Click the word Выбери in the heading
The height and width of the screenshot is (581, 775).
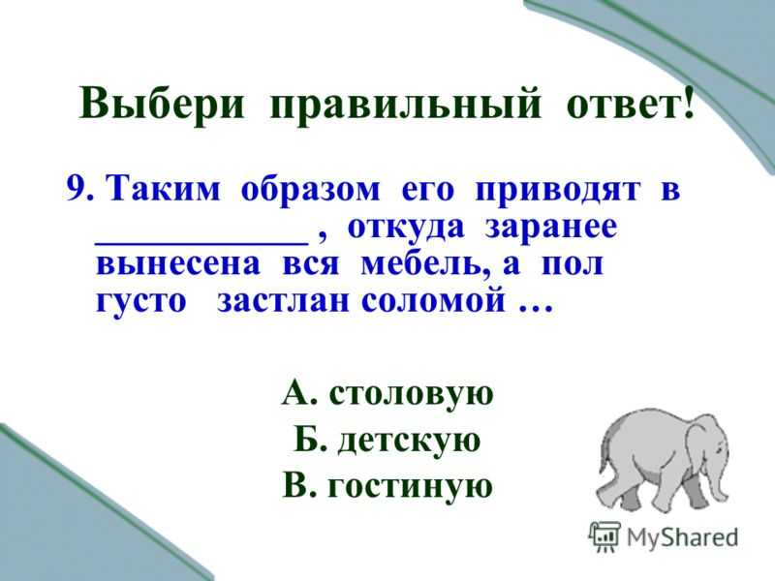161,105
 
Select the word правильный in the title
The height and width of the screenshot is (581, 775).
405,106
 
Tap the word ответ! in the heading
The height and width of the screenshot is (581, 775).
630,103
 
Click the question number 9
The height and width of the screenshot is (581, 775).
80,189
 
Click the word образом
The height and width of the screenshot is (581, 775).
310,190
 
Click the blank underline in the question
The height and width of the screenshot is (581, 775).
201,243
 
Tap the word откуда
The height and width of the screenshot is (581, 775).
406,229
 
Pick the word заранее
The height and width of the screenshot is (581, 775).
551,229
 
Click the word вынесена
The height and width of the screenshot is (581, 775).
178,264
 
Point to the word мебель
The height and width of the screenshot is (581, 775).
425,264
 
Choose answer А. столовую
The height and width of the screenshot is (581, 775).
387,394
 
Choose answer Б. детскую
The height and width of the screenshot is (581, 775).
387,441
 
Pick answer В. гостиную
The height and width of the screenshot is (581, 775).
387,486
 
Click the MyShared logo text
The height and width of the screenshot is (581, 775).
682,537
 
